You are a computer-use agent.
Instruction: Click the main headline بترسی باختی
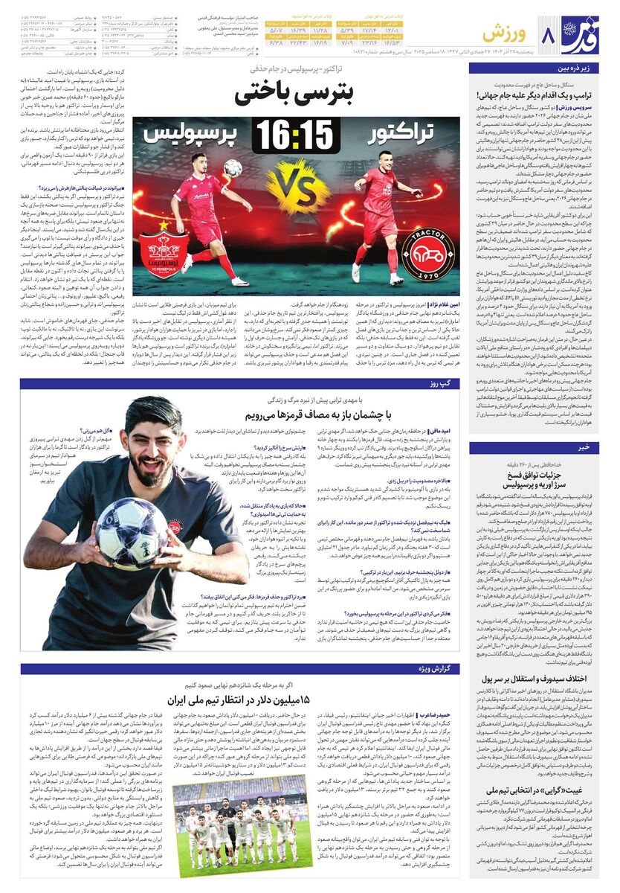[296, 95]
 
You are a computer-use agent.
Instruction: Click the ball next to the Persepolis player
[233, 168]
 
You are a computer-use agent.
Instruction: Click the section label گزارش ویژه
[435, 668]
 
